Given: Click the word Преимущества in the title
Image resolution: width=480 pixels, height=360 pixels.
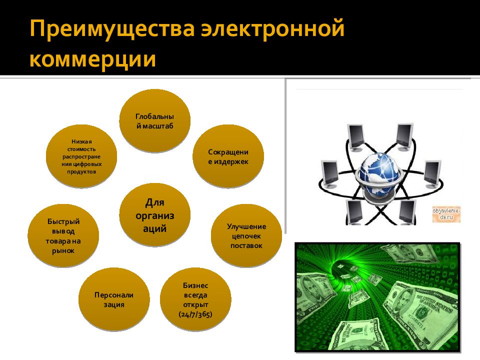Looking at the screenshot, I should [111, 29].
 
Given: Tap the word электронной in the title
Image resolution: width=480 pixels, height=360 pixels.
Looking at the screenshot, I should [273, 29].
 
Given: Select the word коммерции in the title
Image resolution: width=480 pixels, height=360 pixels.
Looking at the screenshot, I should [92, 59].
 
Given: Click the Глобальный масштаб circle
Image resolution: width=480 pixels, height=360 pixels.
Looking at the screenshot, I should [154, 120].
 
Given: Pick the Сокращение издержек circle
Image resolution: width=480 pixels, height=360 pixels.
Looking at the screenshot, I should [228, 156].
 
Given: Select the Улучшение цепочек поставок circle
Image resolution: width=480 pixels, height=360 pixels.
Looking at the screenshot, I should [246, 235].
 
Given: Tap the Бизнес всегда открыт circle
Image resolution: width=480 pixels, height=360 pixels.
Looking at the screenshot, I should [195, 299].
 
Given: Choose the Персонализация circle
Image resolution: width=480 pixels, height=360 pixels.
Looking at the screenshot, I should [114, 299].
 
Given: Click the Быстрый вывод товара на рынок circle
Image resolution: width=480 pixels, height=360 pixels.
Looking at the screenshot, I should [63, 235].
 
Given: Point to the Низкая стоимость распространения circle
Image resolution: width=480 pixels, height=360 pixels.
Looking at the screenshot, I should [81, 156].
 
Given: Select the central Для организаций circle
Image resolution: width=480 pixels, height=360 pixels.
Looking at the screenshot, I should [155, 215].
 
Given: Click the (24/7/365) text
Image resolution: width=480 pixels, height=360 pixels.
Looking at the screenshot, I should [195, 314].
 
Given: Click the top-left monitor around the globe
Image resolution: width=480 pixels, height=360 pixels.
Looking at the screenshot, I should [356, 136].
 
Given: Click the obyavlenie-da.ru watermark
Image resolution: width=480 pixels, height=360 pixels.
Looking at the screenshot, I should [446, 214].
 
